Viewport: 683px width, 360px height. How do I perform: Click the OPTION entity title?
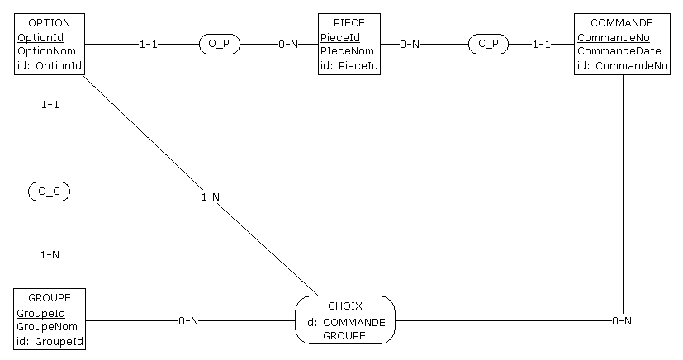[50, 22]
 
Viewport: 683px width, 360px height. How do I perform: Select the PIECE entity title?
[349, 22]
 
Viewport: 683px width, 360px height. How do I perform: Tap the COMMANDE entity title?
[622, 22]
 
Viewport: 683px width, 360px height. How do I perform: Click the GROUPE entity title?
[50, 297]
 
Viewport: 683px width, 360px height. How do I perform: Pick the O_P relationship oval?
[219, 44]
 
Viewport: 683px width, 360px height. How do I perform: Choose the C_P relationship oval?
[488, 44]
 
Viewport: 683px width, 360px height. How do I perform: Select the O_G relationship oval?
[50, 192]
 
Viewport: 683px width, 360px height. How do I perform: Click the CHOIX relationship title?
[344, 306]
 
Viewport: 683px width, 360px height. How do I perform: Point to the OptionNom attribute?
[47, 51]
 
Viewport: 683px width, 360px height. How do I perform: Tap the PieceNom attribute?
[347, 51]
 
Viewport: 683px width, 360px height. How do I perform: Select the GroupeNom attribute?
[47, 326]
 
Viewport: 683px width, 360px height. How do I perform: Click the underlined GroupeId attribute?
[41, 314]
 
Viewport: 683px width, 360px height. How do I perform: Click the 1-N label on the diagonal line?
[211, 197]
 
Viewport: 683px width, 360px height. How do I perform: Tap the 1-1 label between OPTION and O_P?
[148, 44]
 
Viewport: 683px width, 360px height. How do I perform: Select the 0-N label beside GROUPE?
[189, 320]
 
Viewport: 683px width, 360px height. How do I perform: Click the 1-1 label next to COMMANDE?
[541, 44]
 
